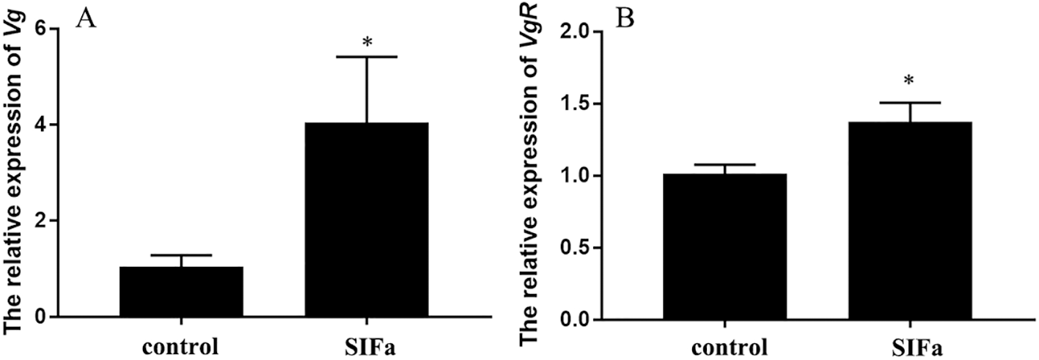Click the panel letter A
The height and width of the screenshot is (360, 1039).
point(86,18)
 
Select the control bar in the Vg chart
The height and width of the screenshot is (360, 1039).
point(181,292)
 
